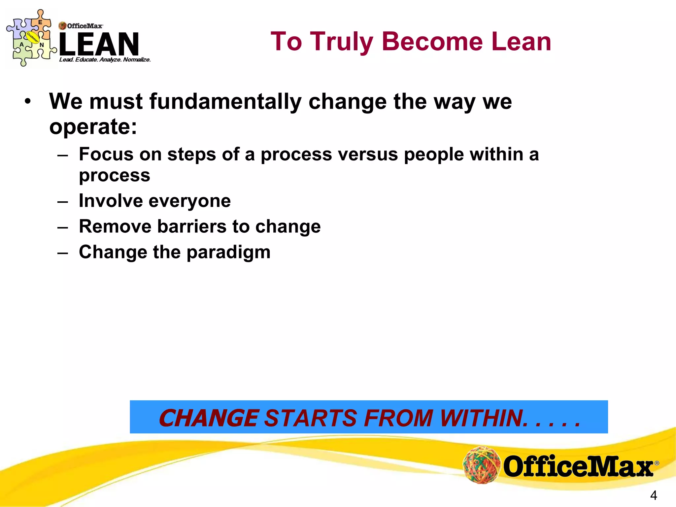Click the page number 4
653,495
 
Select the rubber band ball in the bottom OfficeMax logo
482,464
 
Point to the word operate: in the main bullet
93,127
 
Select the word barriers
191,227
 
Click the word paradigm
228,253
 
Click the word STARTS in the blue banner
310,418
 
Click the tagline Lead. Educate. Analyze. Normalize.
105,60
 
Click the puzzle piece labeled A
22,46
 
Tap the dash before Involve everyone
62,202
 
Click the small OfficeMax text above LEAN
84,26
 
